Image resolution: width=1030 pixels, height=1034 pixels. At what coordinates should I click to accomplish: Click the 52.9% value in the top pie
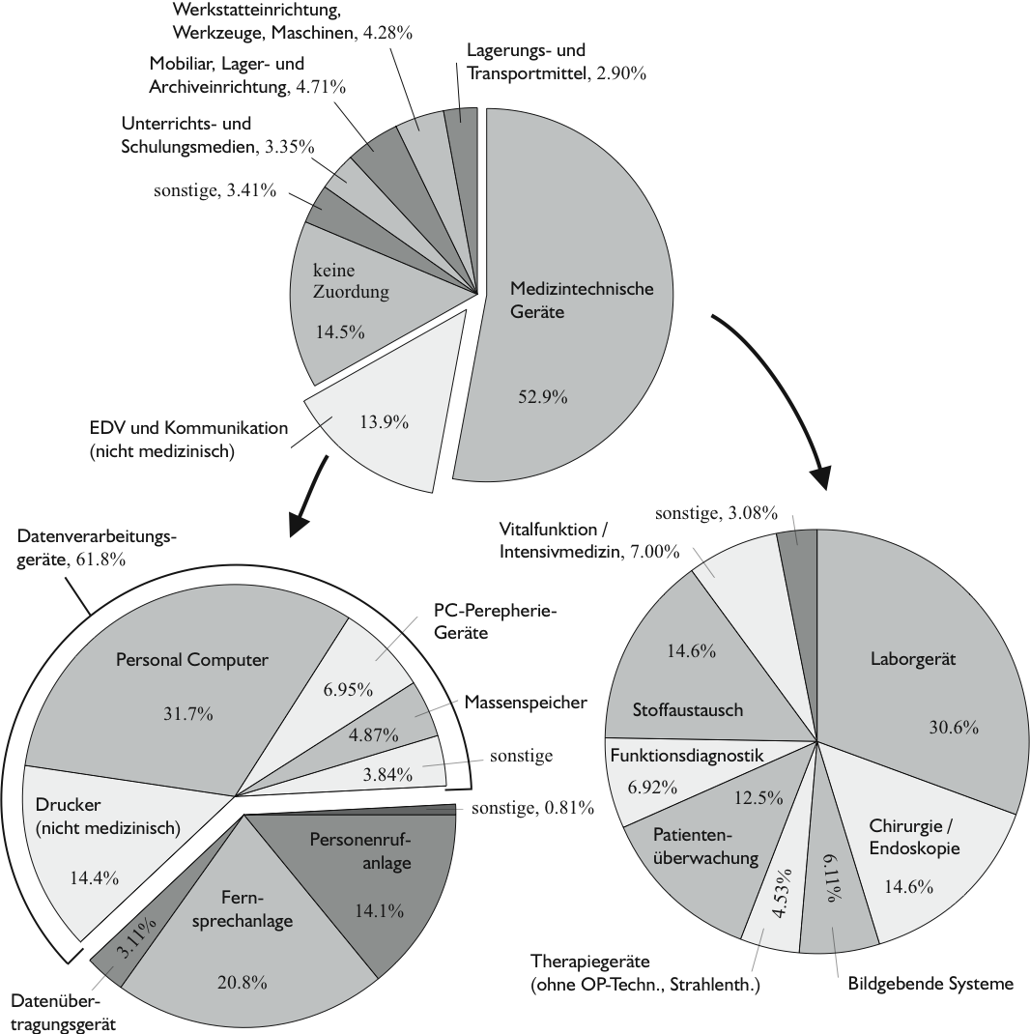(541, 397)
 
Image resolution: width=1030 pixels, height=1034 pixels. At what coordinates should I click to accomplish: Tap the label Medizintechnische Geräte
(582, 301)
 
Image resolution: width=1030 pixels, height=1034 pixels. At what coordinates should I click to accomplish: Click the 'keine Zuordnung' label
(350, 281)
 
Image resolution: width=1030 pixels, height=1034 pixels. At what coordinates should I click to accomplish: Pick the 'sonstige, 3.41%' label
(215, 190)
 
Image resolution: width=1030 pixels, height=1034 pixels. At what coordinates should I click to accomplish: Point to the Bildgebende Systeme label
(930, 984)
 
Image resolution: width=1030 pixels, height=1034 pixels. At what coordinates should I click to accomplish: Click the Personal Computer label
(191, 660)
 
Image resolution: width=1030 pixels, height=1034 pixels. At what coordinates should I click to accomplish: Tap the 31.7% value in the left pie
(190, 714)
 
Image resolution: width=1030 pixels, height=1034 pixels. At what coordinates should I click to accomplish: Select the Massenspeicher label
(526, 703)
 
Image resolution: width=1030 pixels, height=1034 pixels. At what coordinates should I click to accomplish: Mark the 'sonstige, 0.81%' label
(532, 808)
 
